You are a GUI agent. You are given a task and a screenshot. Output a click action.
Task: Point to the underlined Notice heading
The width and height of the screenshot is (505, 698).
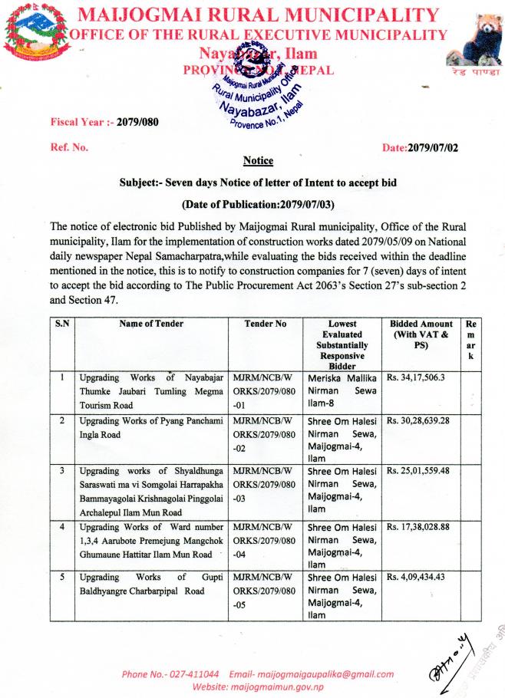[x=258, y=161]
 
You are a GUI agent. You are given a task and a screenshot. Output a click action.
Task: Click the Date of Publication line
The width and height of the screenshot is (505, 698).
[x=258, y=205]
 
